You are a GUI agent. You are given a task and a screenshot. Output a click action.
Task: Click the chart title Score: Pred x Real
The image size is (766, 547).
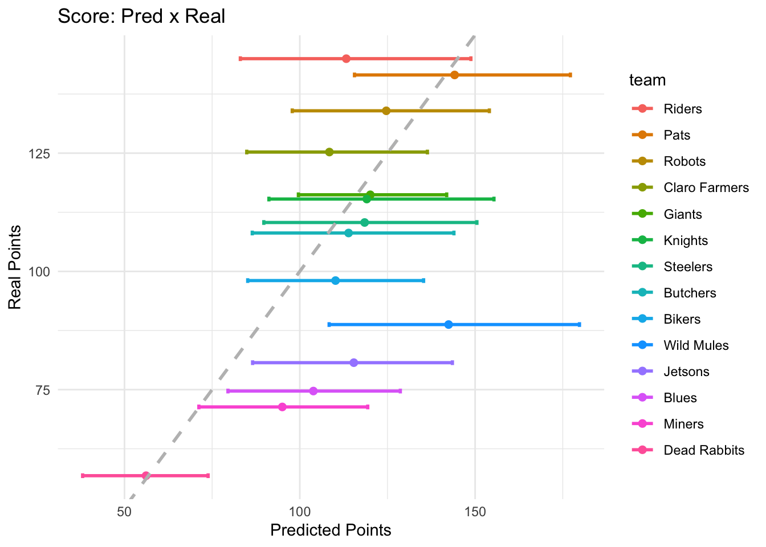point(141,16)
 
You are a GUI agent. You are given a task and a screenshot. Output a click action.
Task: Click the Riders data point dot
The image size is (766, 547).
point(346,59)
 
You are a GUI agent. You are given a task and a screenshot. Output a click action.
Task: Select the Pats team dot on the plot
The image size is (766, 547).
point(454,75)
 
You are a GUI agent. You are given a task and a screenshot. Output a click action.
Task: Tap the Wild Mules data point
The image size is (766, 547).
point(448,324)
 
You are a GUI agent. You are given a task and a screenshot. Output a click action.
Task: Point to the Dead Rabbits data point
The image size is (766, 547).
point(145,475)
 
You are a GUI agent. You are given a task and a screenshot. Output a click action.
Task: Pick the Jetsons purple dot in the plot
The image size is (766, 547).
point(353,362)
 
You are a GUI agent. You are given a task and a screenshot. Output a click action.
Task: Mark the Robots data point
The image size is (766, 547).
point(386,111)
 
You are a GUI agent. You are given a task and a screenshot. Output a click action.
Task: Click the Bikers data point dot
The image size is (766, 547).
point(335,280)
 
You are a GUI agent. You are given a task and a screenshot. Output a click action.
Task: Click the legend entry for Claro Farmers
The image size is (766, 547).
point(706,187)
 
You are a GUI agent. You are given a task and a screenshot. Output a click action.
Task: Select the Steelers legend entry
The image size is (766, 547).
point(688,267)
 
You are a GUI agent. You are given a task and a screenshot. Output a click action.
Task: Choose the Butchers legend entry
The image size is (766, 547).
point(690,293)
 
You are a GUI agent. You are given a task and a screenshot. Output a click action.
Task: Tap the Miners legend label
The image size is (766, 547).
point(683,424)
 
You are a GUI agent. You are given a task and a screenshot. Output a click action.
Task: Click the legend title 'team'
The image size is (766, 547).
point(647,80)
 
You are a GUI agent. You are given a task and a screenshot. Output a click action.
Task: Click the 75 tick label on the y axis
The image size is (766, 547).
point(42,390)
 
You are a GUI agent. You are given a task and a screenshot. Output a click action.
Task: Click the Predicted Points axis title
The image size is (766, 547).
point(331,530)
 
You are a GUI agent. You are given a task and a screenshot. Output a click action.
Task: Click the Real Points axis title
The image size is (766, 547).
point(15,267)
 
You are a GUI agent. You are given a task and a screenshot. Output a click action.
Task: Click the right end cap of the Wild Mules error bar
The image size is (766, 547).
point(579,324)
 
